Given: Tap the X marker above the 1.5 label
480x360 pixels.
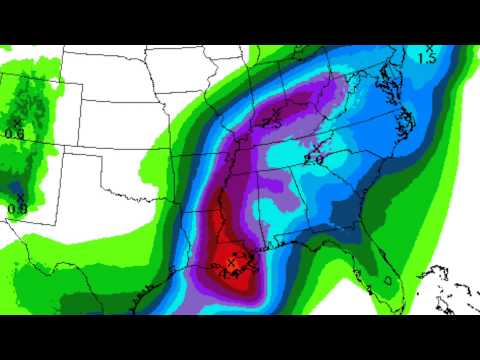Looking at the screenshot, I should tap(430, 48).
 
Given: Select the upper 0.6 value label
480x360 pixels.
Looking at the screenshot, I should tap(15, 133).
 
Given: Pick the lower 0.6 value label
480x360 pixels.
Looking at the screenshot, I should tap(17, 208).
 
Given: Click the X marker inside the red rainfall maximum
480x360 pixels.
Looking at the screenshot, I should tap(232, 260).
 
